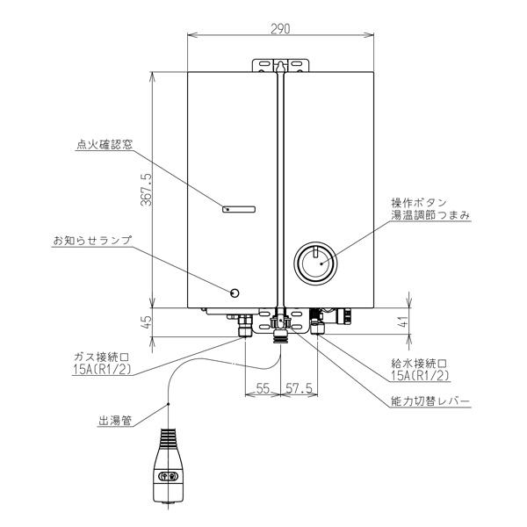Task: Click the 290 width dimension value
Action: coord(281,29)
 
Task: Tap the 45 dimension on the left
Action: coord(146,321)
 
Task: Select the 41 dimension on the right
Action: coord(416,321)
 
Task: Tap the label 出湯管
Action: coord(114,420)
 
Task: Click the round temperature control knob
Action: coord(314,262)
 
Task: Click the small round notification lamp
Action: coord(234,292)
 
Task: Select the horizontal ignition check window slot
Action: coord(239,209)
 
